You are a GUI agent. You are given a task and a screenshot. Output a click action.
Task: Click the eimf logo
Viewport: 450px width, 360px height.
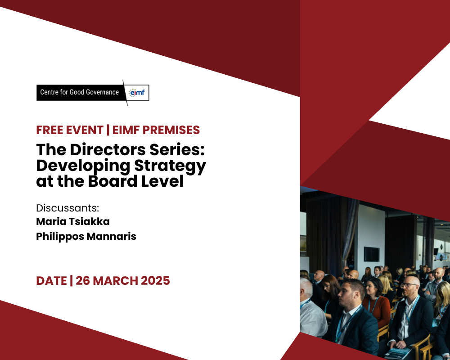click(x=137, y=92)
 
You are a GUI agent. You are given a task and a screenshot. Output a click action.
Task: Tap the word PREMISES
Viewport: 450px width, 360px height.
click(x=171, y=130)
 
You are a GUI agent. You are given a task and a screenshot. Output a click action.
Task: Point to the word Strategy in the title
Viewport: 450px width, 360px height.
click(x=170, y=166)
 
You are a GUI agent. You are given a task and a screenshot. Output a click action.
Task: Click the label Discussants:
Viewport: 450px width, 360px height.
click(x=67, y=208)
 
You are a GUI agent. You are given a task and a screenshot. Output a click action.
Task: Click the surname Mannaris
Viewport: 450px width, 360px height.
click(x=111, y=236)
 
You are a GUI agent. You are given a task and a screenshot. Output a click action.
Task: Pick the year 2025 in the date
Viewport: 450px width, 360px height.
click(x=155, y=280)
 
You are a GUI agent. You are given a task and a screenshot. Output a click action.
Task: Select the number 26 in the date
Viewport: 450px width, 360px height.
click(x=83, y=280)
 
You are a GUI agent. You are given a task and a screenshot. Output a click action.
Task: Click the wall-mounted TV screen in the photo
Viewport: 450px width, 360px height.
click(x=372, y=254)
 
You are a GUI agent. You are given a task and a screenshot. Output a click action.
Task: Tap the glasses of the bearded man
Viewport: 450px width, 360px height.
click(x=409, y=285)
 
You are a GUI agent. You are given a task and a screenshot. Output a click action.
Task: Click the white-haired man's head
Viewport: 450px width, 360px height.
click(x=306, y=288)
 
